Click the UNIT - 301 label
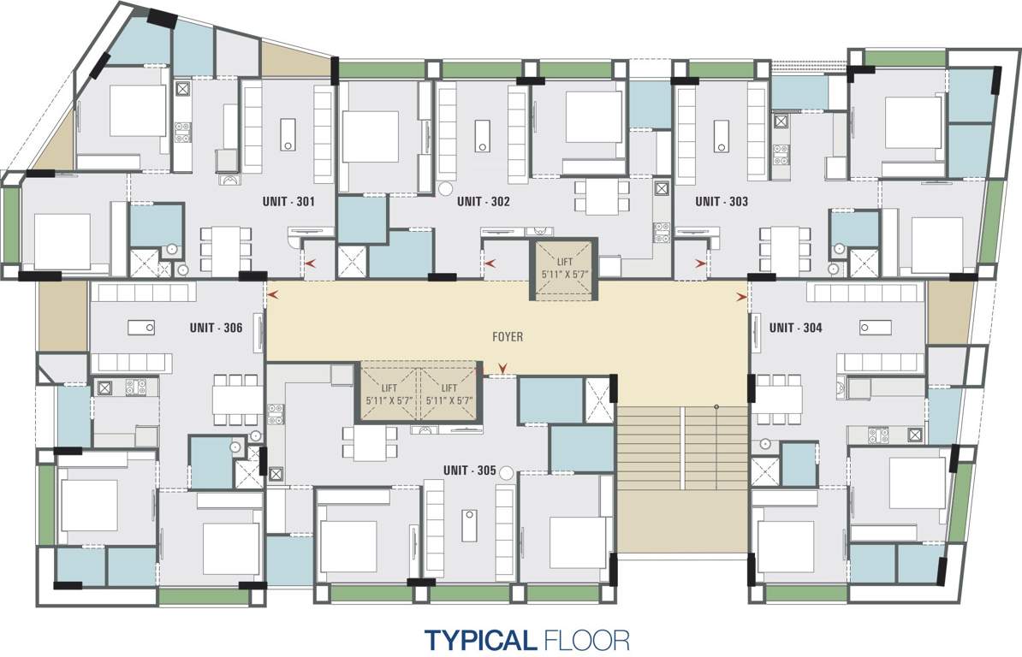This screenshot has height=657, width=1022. [288, 203]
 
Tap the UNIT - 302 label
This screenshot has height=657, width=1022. [484, 203]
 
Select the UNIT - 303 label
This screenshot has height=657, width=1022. [722, 203]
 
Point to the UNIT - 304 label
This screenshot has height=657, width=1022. [796, 327]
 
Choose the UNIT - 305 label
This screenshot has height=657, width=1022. [470, 471]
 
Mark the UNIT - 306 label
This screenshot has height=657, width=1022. [217, 328]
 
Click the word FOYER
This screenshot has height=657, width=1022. [508, 337]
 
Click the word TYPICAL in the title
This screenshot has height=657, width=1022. [480, 639]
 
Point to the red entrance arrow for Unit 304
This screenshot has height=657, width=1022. [740, 297]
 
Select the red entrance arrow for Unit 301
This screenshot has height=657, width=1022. [308, 264]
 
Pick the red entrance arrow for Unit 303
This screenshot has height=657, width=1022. [701, 264]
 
